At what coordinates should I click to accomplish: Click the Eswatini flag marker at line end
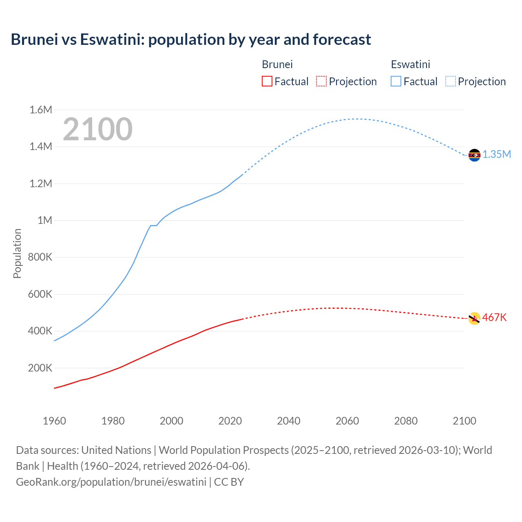tap(474, 155)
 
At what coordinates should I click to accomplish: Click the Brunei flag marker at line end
tap(474, 319)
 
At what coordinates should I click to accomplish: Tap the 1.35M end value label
tap(497, 154)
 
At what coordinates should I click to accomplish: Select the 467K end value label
tap(494, 317)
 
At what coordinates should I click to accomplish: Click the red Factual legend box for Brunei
tap(267, 81)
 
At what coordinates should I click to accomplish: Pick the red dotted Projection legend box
tap(321, 81)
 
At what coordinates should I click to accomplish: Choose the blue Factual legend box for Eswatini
tap(396, 81)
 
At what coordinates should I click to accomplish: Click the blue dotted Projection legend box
tap(450, 81)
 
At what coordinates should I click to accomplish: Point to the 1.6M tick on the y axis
tap(41, 110)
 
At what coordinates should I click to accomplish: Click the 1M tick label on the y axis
tap(45, 220)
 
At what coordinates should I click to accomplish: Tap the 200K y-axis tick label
tap(40, 368)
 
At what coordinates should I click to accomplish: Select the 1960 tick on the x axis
tap(54, 421)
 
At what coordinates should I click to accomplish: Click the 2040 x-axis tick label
tap(289, 421)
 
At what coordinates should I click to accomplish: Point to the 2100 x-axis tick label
tap(464, 421)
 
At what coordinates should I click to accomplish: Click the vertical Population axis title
tap(17, 253)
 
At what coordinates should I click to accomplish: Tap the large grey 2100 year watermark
tap(97, 129)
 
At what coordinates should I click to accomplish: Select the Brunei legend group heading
tap(277, 64)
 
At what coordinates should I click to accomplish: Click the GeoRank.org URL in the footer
tap(111, 482)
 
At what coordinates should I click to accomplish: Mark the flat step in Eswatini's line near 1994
tap(153, 226)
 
